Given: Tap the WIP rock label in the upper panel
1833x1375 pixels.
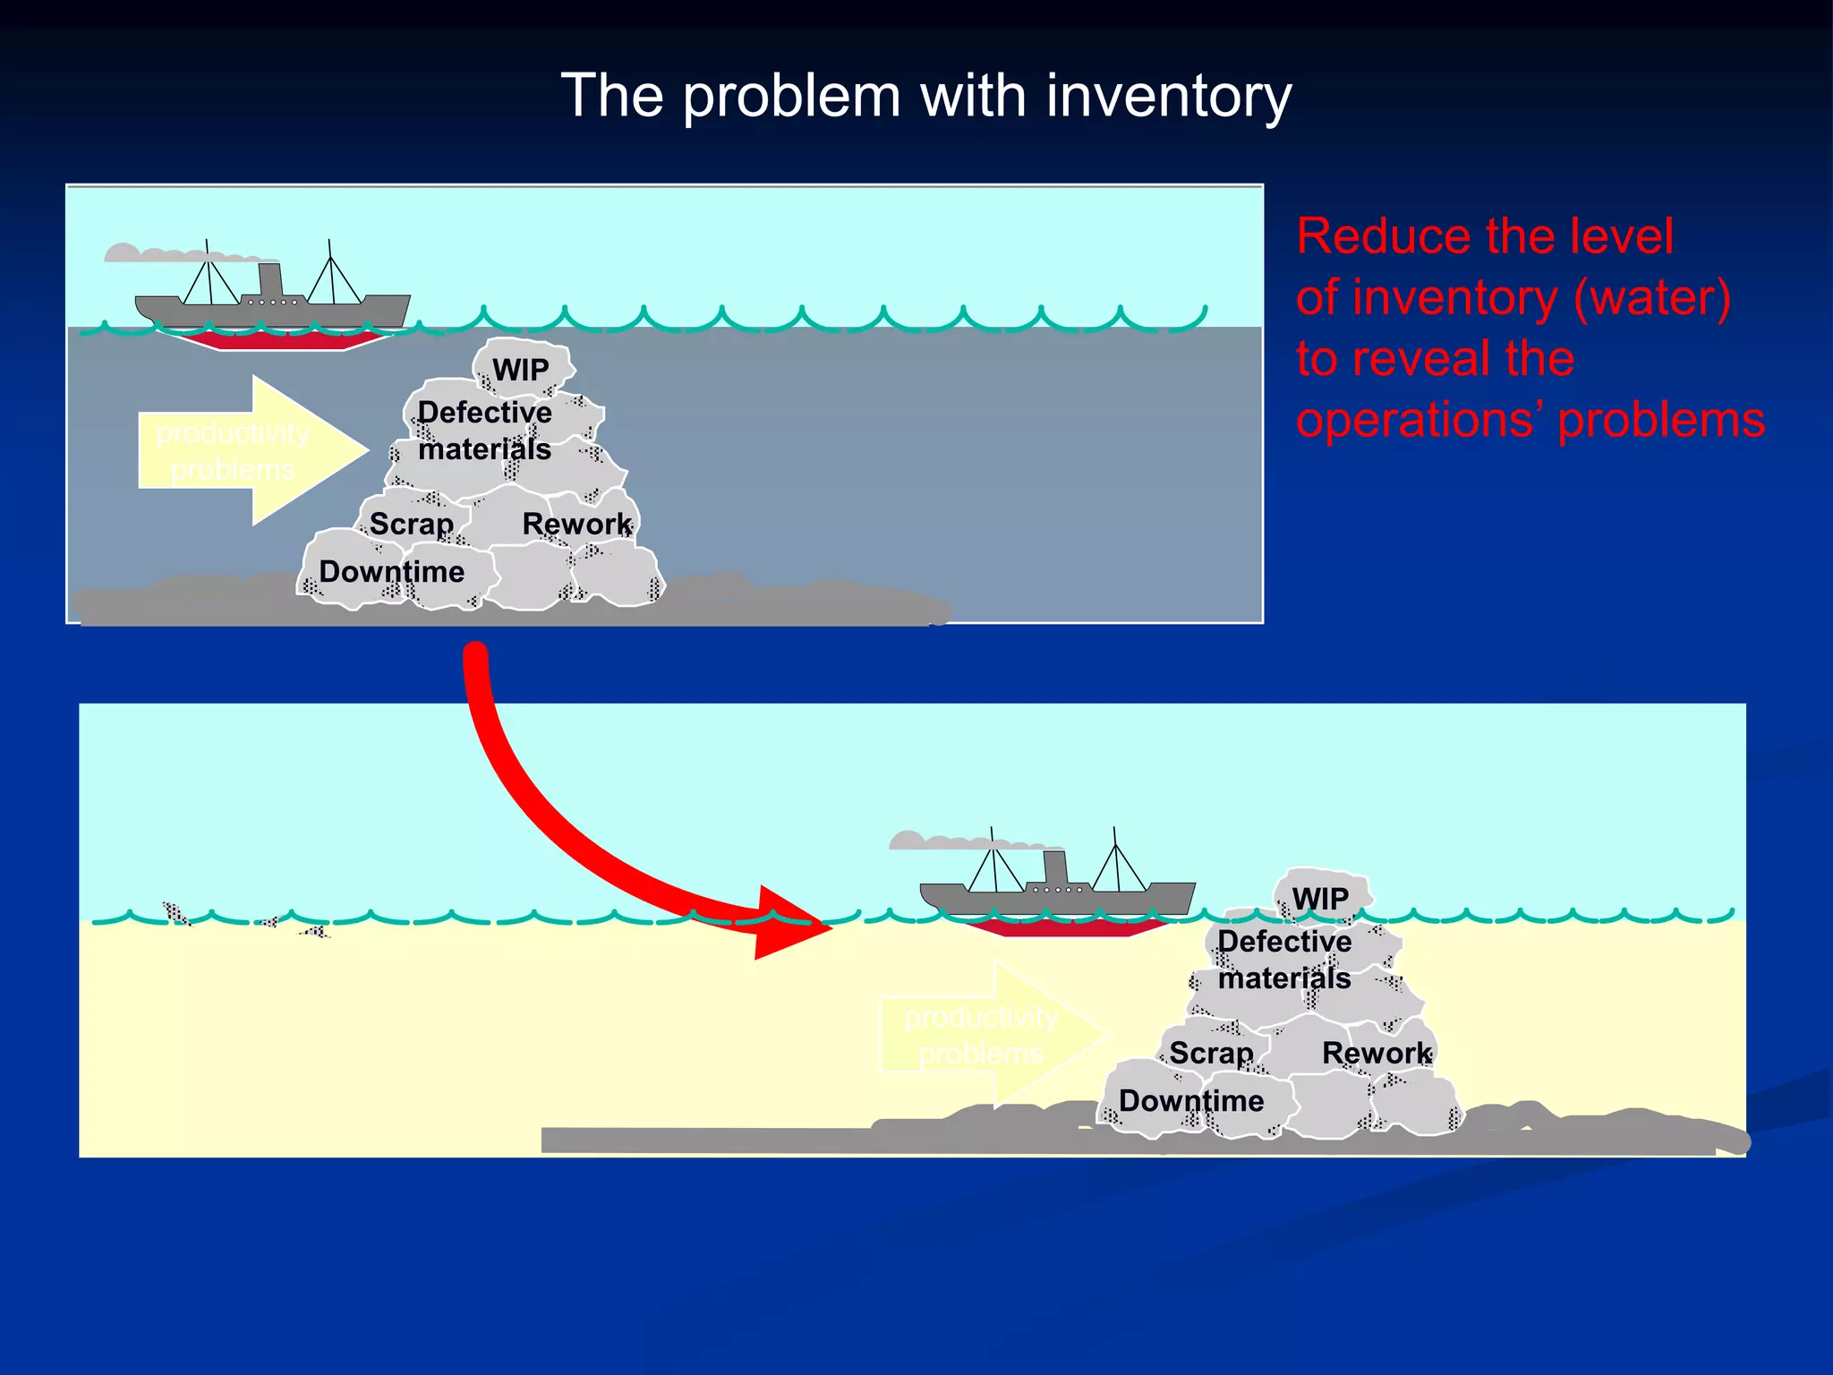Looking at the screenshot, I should point(520,370).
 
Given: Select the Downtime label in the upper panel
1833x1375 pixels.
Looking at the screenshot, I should point(391,571).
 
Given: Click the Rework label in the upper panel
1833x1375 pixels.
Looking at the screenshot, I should point(576,524).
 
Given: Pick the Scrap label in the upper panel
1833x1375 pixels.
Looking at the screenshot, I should point(411,524).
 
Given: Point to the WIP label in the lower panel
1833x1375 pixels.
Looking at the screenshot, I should point(1320,899).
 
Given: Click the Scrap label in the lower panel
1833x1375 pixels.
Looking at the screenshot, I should point(1211,1053).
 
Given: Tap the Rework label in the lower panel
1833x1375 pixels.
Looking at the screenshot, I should point(1377,1053).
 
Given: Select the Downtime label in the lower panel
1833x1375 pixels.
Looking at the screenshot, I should point(1191,1100).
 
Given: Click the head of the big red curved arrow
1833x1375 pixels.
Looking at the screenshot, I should point(788,924).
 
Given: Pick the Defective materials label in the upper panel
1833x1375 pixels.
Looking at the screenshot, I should point(484,431).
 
